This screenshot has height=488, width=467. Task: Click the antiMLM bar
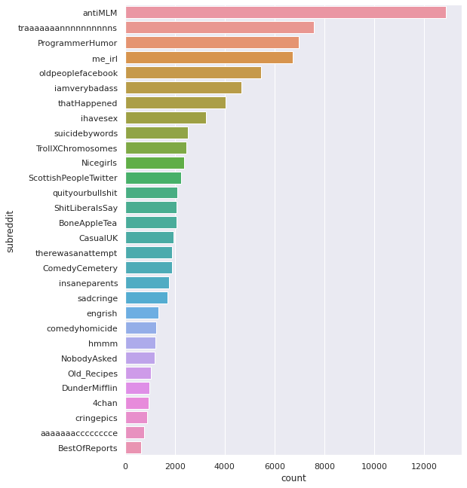(285, 13)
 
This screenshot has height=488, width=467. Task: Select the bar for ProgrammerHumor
(212, 43)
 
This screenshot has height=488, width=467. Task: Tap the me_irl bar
(209, 58)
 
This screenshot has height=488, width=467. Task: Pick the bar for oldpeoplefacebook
(193, 73)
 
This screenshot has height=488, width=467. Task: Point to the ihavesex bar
(165, 118)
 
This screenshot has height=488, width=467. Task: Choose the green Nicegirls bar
(155, 163)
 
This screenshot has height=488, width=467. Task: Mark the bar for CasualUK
(149, 238)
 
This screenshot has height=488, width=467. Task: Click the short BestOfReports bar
(134, 448)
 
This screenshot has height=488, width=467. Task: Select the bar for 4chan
(137, 403)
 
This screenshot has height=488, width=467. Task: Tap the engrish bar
(142, 313)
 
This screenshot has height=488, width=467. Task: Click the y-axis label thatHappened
(88, 103)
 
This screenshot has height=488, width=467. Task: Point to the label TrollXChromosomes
(77, 148)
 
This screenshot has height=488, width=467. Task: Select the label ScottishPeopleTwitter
(73, 178)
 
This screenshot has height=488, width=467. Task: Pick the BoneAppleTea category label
(88, 223)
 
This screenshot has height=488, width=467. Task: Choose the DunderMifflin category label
(90, 388)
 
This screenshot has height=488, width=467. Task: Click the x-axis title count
(293, 479)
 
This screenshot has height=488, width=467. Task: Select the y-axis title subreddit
(11, 230)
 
